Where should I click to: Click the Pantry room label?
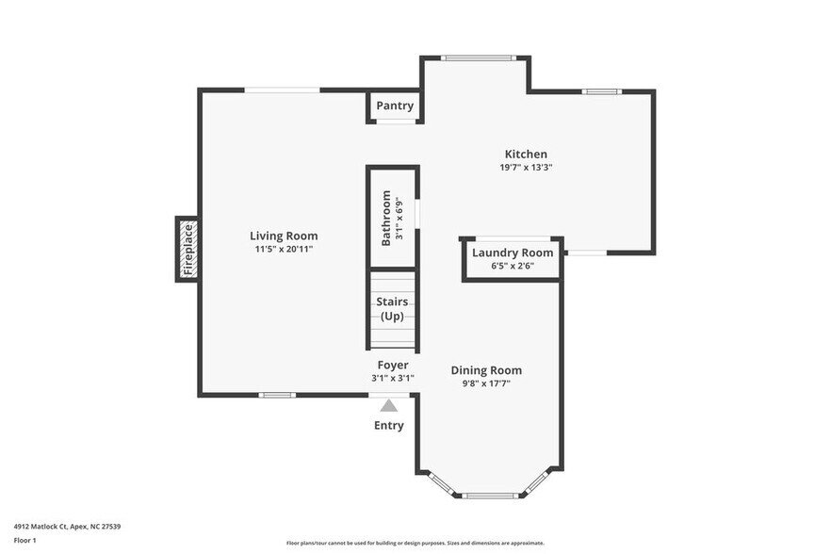click(395, 106)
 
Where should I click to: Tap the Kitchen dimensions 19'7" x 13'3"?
click(526, 168)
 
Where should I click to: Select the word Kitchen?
click(526, 155)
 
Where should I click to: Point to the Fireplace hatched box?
click(187, 249)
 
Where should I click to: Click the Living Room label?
click(284, 236)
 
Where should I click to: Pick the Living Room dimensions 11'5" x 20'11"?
click(284, 250)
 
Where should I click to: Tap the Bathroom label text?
click(385, 219)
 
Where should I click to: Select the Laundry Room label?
click(513, 253)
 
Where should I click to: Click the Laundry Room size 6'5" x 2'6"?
click(513, 266)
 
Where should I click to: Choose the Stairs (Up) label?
click(393, 308)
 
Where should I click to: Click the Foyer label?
click(393, 365)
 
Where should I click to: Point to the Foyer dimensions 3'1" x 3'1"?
click(393, 378)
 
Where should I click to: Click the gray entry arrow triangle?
click(389, 405)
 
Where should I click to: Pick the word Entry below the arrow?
click(389, 426)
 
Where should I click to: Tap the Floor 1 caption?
click(24, 540)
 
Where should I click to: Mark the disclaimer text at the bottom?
click(415, 543)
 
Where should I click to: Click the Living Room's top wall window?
click(283, 90)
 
